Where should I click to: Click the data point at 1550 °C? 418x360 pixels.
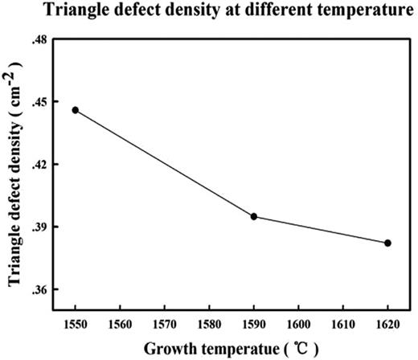pyautogui.click(x=76, y=110)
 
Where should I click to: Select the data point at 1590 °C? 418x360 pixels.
pyautogui.click(x=254, y=216)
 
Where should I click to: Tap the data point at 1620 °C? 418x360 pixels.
pyautogui.click(x=387, y=243)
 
